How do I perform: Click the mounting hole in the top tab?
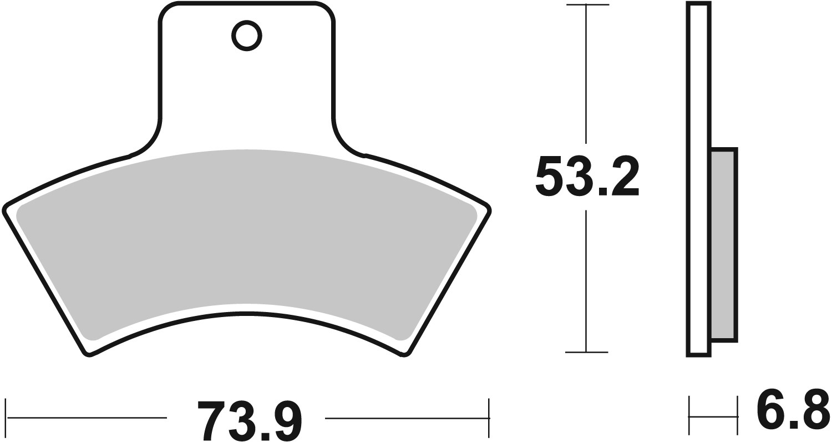point(246,37)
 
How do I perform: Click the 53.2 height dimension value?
point(587,176)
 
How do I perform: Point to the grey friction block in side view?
point(723,244)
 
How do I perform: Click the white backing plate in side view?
point(698,178)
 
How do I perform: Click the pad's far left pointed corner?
point(6,210)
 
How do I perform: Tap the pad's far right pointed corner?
point(490,209)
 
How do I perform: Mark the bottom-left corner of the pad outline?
point(88,354)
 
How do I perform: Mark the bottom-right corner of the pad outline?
point(407,354)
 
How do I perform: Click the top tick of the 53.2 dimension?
point(587,5)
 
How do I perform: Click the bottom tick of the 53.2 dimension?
point(587,352)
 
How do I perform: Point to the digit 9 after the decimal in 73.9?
point(288,421)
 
